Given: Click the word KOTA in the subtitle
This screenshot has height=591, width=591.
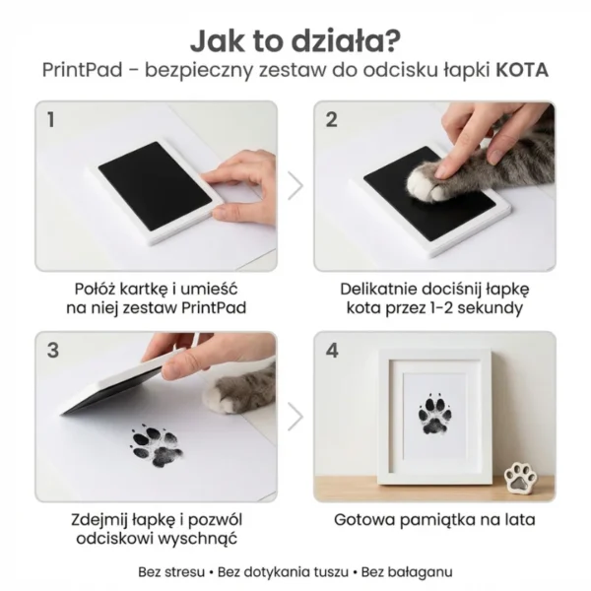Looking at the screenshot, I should (521, 71).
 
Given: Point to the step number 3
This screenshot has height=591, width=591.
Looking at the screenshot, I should (52, 350).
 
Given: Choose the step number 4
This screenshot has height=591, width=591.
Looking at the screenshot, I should (332, 350).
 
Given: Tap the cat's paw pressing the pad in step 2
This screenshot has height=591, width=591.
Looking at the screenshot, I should (434, 178).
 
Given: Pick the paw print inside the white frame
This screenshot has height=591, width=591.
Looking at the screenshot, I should (434, 415).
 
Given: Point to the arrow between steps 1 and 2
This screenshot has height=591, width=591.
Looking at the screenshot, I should (295, 184).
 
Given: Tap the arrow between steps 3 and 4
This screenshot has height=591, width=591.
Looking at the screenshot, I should (295, 415).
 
